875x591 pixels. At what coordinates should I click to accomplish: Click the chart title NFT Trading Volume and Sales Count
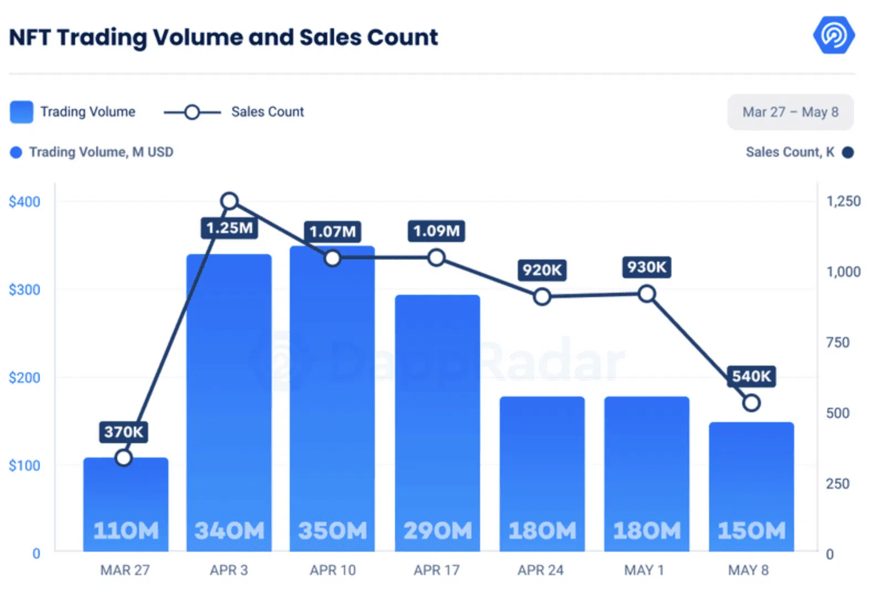[x=223, y=37]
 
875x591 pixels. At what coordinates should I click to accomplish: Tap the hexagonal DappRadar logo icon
[x=834, y=34]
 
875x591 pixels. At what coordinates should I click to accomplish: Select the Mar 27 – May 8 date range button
[x=790, y=112]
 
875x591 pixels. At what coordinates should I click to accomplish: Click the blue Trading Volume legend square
[x=22, y=112]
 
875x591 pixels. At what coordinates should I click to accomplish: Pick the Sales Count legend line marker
[x=192, y=112]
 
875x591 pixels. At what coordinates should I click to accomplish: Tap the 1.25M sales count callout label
[x=229, y=227]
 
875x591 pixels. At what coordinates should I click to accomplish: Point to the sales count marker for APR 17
[x=436, y=257]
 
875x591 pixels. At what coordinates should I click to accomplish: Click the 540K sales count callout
[x=751, y=376]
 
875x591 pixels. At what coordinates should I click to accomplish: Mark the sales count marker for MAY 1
[x=647, y=294]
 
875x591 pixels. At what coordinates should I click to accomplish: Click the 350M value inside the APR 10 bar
[x=332, y=531]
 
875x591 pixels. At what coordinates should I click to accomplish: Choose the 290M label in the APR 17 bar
[x=437, y=531]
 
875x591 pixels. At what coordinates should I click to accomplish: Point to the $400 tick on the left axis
[x=24, y=201]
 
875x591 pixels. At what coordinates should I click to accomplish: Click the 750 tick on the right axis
[x=837, y=343]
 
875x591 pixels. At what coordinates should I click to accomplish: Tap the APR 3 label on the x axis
[x=228, y=570]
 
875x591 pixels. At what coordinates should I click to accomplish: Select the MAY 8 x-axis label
[x=748, y=570]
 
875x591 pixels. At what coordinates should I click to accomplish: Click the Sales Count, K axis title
[x=789, y=152]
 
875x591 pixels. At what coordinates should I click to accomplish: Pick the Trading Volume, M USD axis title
[x=101, y=152]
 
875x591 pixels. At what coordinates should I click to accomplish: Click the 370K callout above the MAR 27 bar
[x=123, y=432]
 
